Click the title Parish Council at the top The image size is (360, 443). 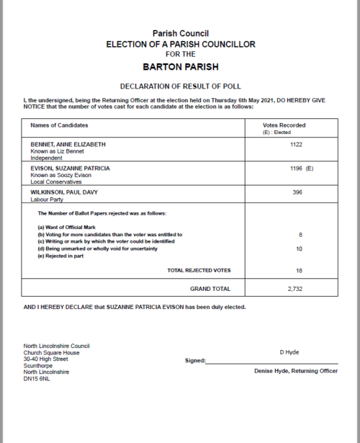pos(179,34)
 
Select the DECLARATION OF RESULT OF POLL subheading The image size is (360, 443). pos(179,85)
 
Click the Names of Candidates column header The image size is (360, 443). pos(59,125)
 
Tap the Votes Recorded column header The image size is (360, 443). pos(285,125)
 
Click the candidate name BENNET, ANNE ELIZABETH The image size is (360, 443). pos(68,144)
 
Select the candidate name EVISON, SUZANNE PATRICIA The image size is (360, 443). pos(70,168)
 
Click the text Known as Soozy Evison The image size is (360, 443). pos(60,175)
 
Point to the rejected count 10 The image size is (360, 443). pos(299,249)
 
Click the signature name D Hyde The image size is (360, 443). pos(289,352)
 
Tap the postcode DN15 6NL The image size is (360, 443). pos(37,378)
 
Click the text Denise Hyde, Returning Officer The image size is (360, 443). pos(295,371)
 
